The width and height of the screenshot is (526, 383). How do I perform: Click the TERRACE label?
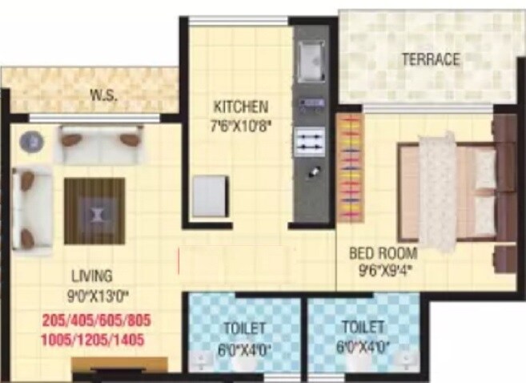coord(431,59)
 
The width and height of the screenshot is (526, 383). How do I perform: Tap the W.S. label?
coord(104,96)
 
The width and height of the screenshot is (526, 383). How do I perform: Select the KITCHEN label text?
coord(240,107)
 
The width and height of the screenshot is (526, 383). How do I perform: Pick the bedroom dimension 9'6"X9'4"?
coord(383,270)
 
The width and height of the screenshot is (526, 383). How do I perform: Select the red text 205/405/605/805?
coord(97,321)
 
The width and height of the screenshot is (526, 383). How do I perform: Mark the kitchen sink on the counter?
coord(309,55)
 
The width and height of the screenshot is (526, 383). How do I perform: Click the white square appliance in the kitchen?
coord(209,196)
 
